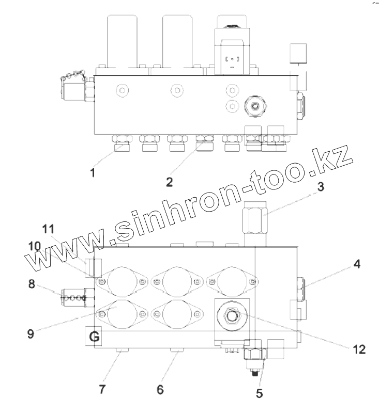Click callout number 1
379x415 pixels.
click(93, 173)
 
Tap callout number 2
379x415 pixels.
click(170, 182)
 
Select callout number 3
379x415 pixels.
click(321, 186)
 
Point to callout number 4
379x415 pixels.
click(357, 264)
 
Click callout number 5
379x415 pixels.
click(259, 393)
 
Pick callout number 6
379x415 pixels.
click(160, 389)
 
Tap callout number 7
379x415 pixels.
click(102, 389)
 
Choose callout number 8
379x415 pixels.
click(32, 284)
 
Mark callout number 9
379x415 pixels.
click(31, 334)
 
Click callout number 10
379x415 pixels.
click(35, 246)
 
